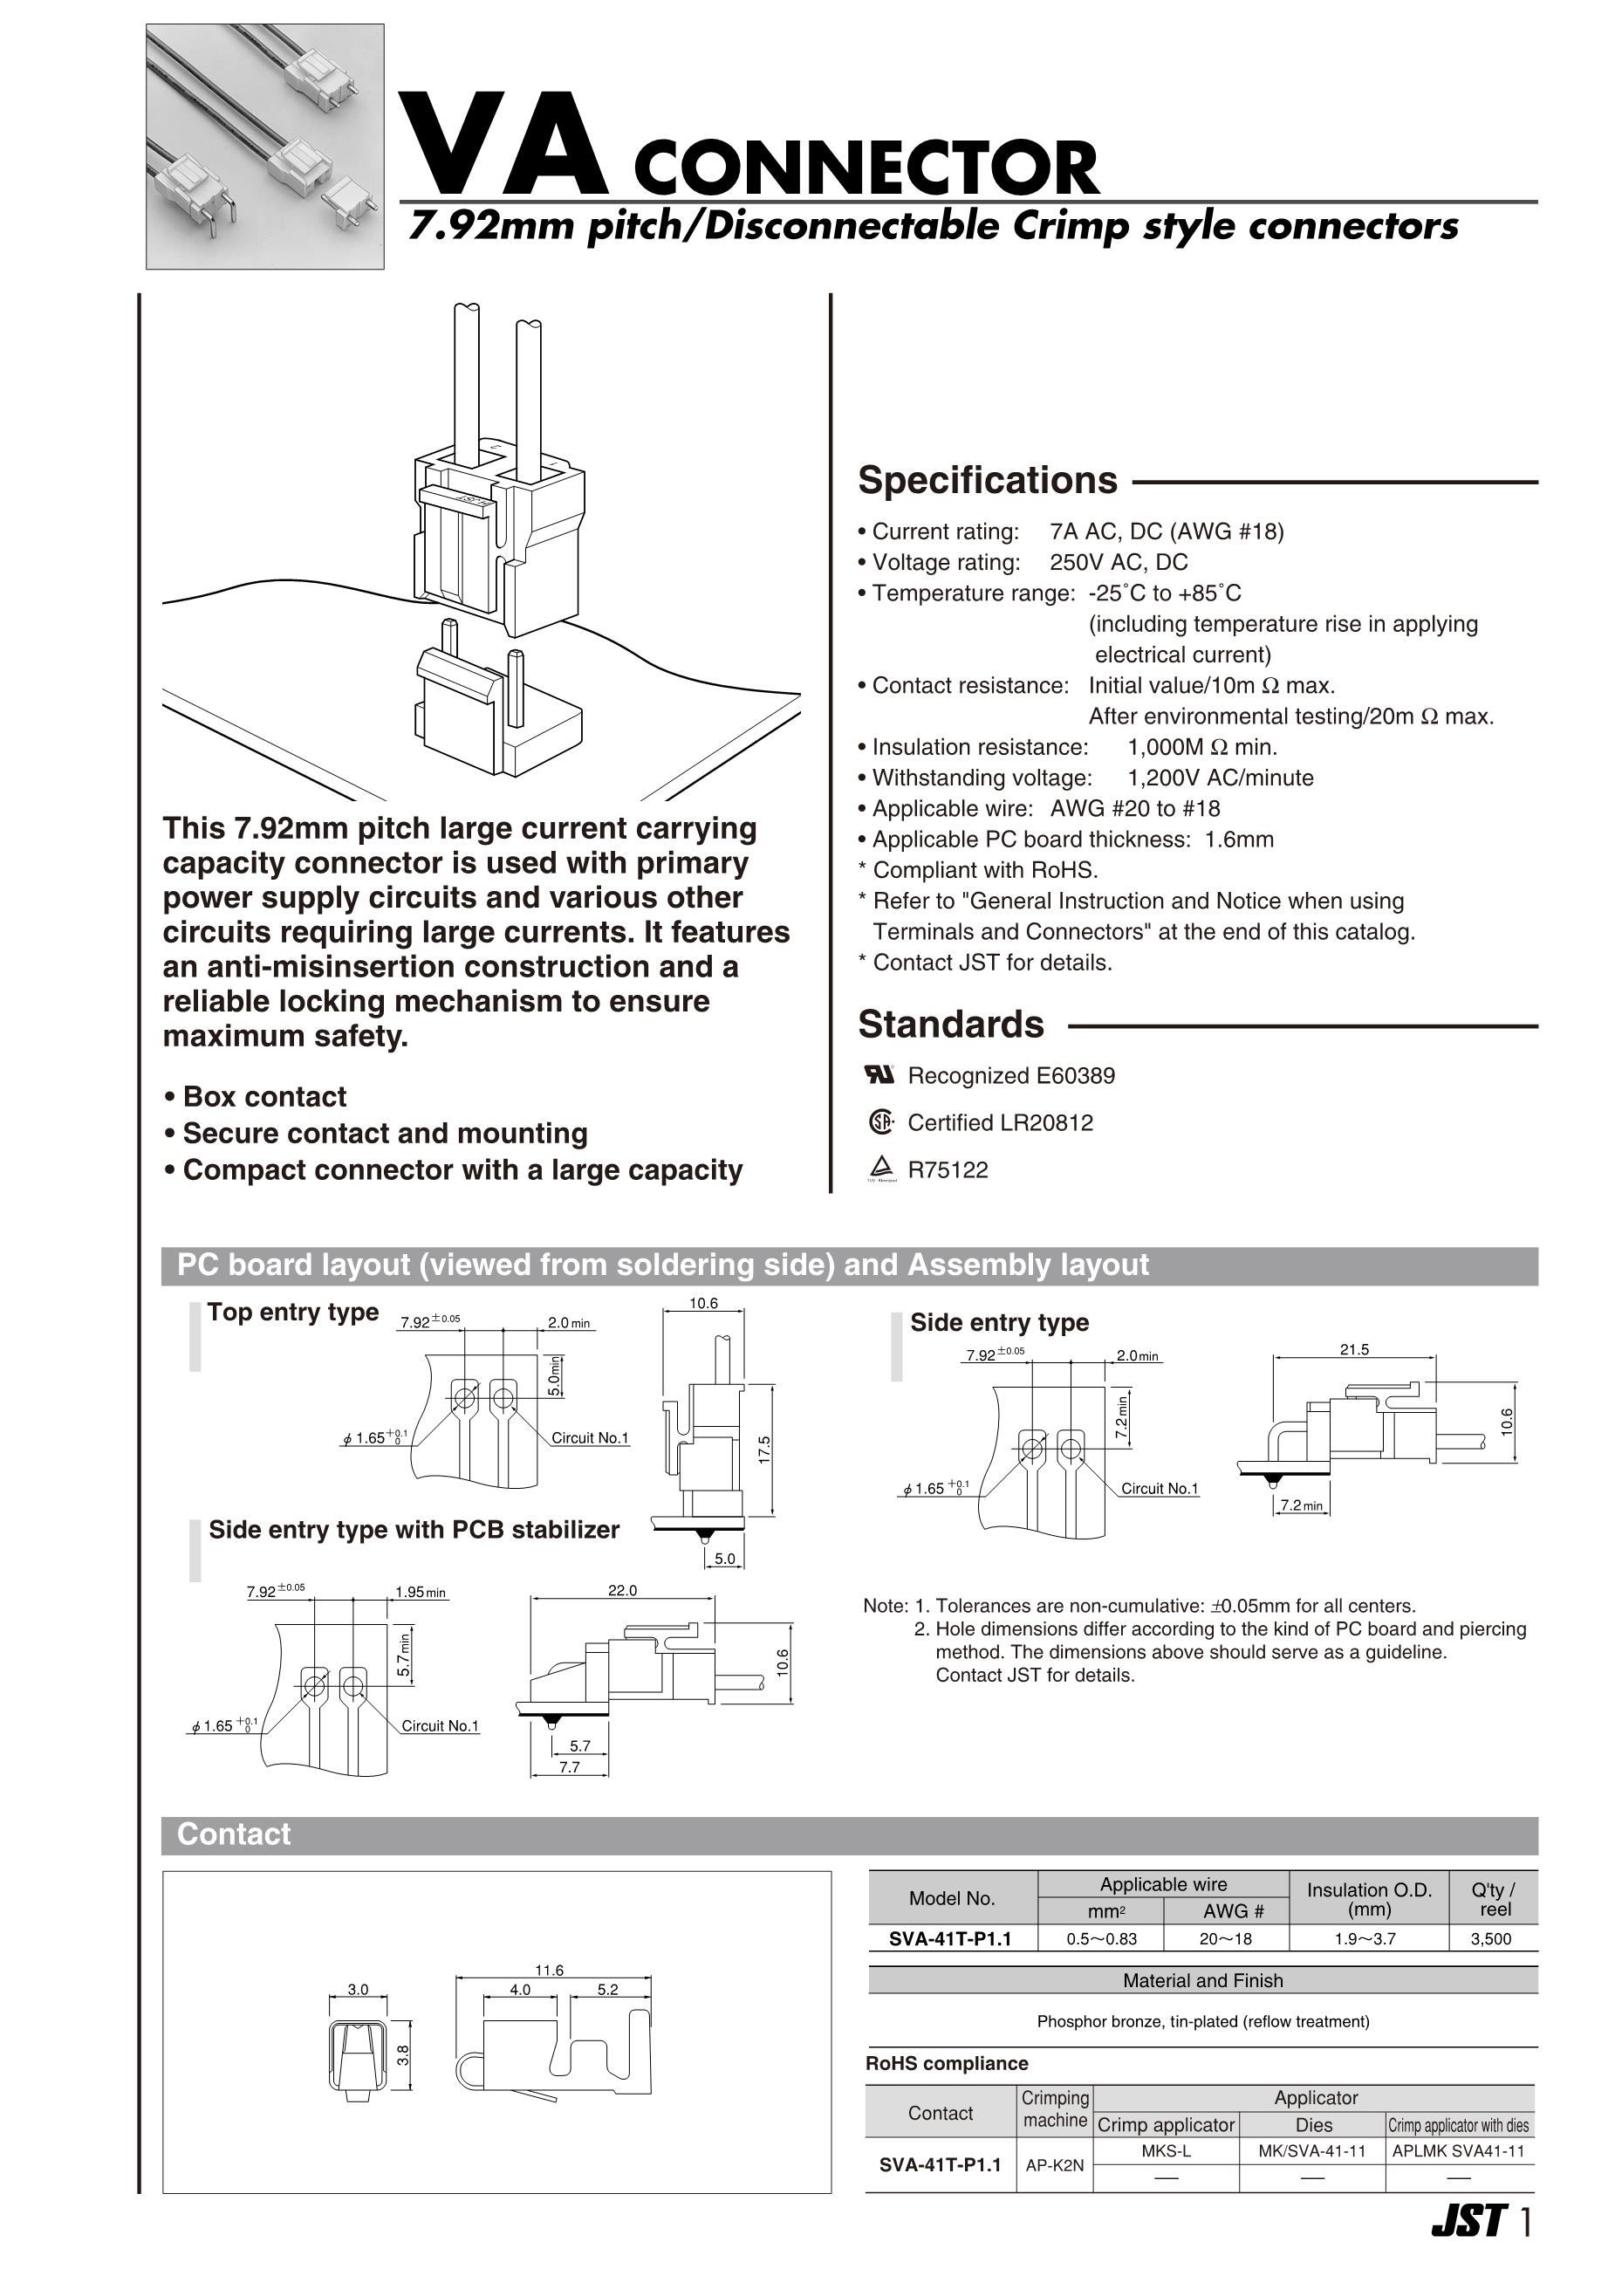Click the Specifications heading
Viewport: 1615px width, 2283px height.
[988, 481]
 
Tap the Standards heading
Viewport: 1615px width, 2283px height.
[951, 1025]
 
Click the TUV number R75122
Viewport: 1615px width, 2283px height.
[948, 1169]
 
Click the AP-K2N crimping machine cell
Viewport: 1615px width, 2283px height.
[1054, 2164]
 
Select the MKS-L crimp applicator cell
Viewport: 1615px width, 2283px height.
[1166, 2150]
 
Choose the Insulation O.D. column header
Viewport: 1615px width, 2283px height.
[1368, 1899]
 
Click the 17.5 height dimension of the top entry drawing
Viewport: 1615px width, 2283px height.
[763, 1449]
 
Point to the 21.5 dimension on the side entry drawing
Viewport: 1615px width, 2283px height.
[1354, 1350]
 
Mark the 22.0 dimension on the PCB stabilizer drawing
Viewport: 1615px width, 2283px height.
[623, 1591]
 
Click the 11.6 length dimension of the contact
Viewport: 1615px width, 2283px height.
[549, 1970]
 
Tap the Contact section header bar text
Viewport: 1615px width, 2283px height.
[234, 1834]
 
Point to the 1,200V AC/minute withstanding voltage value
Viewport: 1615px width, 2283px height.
[1221, 778]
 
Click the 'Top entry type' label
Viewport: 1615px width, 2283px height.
[292, 1312]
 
